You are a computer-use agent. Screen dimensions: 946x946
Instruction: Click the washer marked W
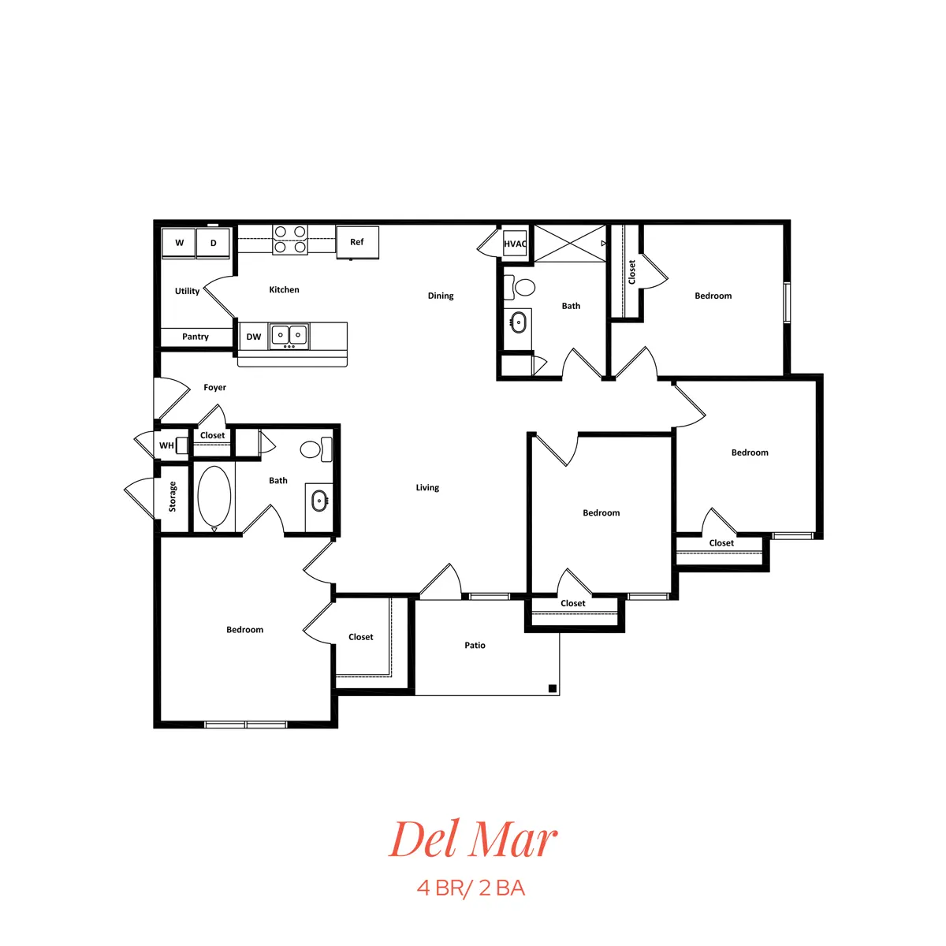179,243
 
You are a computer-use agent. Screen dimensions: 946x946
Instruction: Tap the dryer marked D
213,243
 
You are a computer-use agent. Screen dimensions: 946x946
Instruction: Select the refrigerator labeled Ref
357,242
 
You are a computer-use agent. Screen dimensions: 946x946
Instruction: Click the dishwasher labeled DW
253,337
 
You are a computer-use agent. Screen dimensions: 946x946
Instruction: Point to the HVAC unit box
515,244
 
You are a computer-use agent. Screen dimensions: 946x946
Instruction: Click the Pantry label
196,337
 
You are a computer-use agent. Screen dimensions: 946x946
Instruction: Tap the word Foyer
215,387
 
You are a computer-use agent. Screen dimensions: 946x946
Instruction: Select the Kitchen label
285,289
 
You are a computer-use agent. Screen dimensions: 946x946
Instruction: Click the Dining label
441,296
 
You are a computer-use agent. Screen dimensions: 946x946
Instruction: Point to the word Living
427,487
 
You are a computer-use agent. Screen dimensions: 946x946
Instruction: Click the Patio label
475,645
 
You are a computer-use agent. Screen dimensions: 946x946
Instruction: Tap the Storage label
173,497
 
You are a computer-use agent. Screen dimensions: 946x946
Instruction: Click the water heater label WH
166,445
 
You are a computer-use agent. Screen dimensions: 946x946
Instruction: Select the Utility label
187,291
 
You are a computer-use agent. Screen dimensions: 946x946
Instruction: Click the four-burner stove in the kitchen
290,240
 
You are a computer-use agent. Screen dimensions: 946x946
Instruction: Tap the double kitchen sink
289,336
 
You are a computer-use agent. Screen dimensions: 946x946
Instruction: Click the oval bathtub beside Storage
214,496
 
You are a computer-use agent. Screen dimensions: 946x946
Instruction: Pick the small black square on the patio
553,689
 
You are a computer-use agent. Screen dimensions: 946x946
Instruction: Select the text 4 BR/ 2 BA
471,888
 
